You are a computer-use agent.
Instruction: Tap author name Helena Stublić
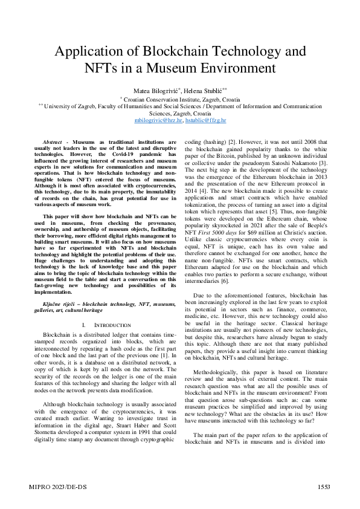click(x=205, y=89)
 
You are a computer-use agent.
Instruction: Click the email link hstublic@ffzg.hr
click(x=205, y=120)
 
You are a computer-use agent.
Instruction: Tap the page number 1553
click(x=323, y=487)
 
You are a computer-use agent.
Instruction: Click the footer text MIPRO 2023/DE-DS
click(x=54, y=487)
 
